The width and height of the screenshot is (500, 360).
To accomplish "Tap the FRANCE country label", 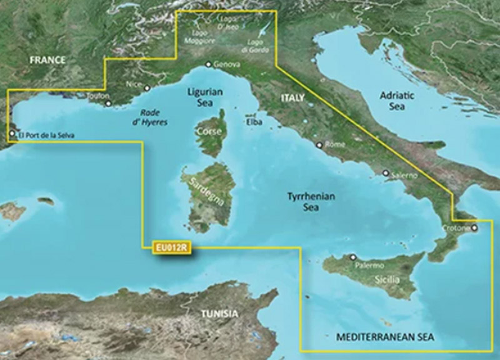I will click(46, 61).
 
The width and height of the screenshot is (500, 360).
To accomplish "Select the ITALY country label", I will click(292, 98).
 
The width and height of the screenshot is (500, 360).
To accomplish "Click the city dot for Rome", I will click(319, 144).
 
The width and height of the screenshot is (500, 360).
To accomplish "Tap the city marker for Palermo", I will click(352, 257).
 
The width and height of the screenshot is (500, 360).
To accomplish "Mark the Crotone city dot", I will click(474, 228).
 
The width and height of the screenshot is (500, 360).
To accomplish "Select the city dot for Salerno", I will click(386, 173).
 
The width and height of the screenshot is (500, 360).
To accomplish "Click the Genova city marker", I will click(209, 64).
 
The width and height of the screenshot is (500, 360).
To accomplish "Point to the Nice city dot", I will click(147, 88).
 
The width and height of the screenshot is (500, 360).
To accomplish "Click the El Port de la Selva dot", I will click(11, 134).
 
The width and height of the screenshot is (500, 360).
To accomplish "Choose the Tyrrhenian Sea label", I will click(311, 201).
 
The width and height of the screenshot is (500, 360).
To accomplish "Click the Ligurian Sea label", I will click(205, 97).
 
